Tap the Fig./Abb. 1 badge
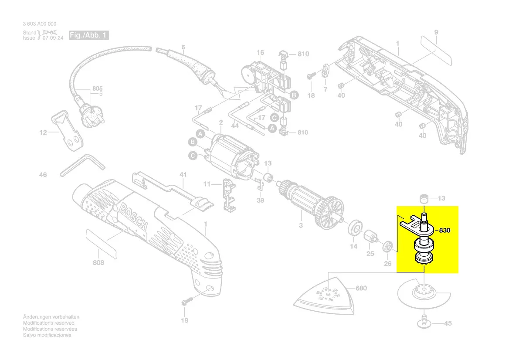[x=89, y=35]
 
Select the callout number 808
[x=99, y=263]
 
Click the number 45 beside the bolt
[x=448, y=323]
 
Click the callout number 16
[x=260, y=53]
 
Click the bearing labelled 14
[x=355, y=228]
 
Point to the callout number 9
[x=436, y=32]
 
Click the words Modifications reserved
[x=48, y=323]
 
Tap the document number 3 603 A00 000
[x=39, y=24]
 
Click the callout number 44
[x=234, y=126]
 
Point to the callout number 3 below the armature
[x=300, y=225]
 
